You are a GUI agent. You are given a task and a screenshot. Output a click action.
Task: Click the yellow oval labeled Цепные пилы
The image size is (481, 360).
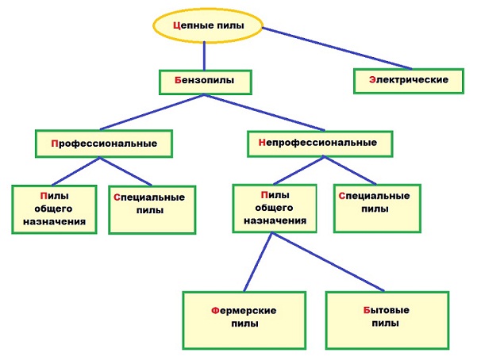[206, 25]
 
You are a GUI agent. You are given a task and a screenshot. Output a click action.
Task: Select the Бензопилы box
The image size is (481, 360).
[205, 81]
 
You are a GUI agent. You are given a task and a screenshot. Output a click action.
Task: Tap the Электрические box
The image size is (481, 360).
[408, 80]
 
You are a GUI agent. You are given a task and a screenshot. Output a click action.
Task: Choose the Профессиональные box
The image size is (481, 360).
[105, 144]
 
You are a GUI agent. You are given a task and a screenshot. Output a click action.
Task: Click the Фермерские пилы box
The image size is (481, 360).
[244, 317]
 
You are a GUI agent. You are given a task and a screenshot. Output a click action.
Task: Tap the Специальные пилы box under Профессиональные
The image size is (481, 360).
[151, 209]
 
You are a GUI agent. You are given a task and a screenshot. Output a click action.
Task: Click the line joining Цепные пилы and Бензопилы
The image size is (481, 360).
[205, 56]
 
